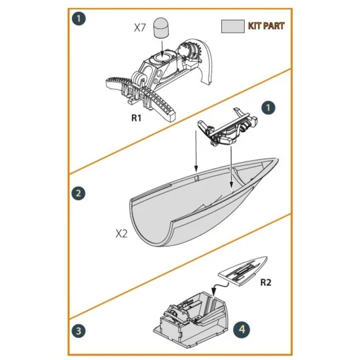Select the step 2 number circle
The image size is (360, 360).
pyautogui.click(x=80, y=193)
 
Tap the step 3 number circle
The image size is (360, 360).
pyautogui.click(x=80, y=329)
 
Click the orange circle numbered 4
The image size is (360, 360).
pyautogui.click(x=243, y=329)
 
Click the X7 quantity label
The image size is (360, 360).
pyautogui.click(x=140, y=27)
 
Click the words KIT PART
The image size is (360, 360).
pyautogui.click(x=266, y=26)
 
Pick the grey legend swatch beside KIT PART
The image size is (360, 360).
pyautogui.click(x=233, y=26)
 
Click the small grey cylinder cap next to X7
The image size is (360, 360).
pyautogui.click(x=162, y=27)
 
